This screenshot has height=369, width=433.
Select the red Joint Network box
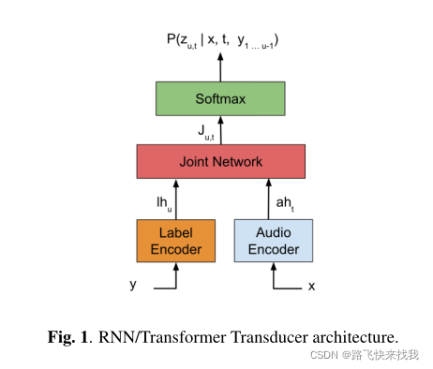pos(220,161)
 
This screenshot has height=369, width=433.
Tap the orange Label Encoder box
pos(175,240)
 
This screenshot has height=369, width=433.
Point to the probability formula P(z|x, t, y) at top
pos(221,39)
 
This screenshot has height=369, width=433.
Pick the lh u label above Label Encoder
pos(163,199)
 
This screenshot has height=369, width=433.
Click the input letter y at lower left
pos(132,284)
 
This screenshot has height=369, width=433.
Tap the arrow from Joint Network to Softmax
pos(221,130)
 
